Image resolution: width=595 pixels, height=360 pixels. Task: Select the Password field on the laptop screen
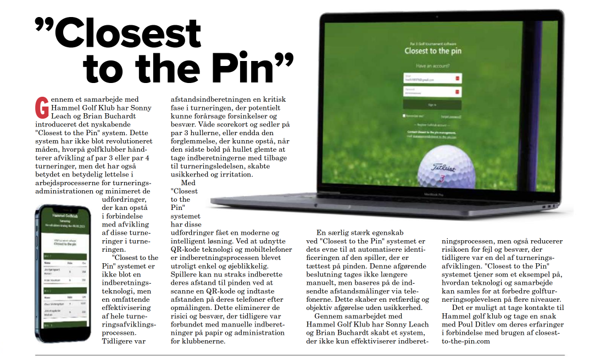[x=431, y=92]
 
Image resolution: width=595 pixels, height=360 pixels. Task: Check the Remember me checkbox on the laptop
[x=405, y=116]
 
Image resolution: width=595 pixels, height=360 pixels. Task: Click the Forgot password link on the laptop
[x=451, y=117]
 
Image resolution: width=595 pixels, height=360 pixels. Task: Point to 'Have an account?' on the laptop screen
[x=432, y=65]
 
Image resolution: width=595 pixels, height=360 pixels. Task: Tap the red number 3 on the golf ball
[x=440, y=179]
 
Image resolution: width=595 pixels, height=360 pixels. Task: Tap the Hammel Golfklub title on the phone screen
[x=63, y=212]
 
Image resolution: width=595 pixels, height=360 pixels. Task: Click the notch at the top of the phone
[x=62, y=206]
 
